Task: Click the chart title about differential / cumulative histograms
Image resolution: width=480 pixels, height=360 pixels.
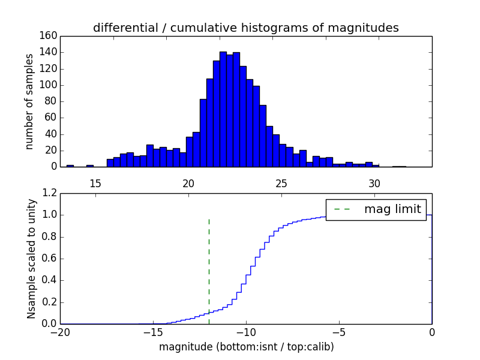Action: pos(245,28)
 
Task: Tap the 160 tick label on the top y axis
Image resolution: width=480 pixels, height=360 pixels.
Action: pos(50,36)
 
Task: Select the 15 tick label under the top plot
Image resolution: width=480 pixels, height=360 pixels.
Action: pos(95,182)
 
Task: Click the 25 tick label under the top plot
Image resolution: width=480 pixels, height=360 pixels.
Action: pos(281,182)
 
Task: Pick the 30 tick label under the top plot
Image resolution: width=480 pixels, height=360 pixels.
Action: pos(374,182)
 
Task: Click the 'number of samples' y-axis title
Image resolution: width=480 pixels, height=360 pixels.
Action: pos(29,101)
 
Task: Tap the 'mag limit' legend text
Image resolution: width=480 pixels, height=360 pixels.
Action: pos(392,209)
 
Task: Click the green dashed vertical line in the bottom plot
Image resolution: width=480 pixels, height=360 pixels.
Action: pos(209,270)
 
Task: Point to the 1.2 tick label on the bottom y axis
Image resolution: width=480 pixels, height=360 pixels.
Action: pos(50,193)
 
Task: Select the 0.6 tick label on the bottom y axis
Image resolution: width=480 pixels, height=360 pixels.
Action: pos(50,259)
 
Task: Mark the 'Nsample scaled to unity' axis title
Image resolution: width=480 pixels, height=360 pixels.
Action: pos(31,259)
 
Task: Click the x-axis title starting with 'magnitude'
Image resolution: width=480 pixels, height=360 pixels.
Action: pos(246,347)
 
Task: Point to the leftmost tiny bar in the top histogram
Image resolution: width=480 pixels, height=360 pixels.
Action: pos(70,166)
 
